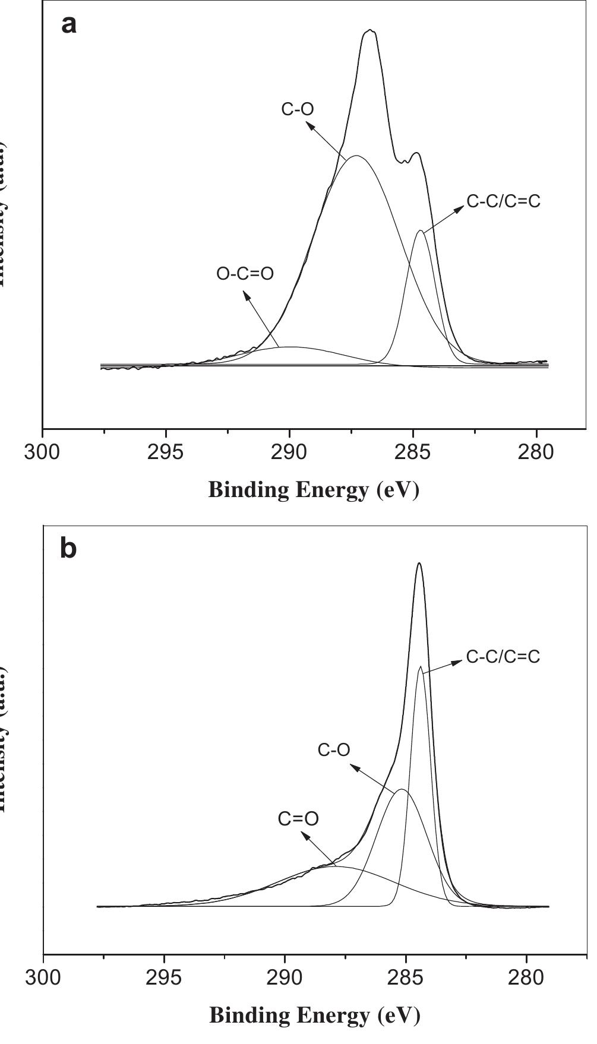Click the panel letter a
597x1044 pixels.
[x=69, y=25]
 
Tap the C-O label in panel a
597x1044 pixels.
[x=298, y=109]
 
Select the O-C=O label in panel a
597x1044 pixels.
[x=245, y=274]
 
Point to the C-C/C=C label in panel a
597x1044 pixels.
[x=504, y=201]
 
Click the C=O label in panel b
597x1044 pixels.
[x=298, y=819]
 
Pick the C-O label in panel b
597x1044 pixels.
[x=334, y=750]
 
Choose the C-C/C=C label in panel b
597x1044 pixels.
[x=503, y=657]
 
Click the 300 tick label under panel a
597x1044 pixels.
[x=42, y=453]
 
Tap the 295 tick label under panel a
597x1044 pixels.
[x=165, y=453]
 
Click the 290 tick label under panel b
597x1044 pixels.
[x=285, y=977]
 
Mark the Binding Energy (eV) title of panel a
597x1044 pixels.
[x=314, y=490]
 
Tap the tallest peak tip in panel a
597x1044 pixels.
[x=370, y=30]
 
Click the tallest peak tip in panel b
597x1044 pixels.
[x=419, y=564]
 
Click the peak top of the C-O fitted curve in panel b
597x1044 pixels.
[x=402, y=789]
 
